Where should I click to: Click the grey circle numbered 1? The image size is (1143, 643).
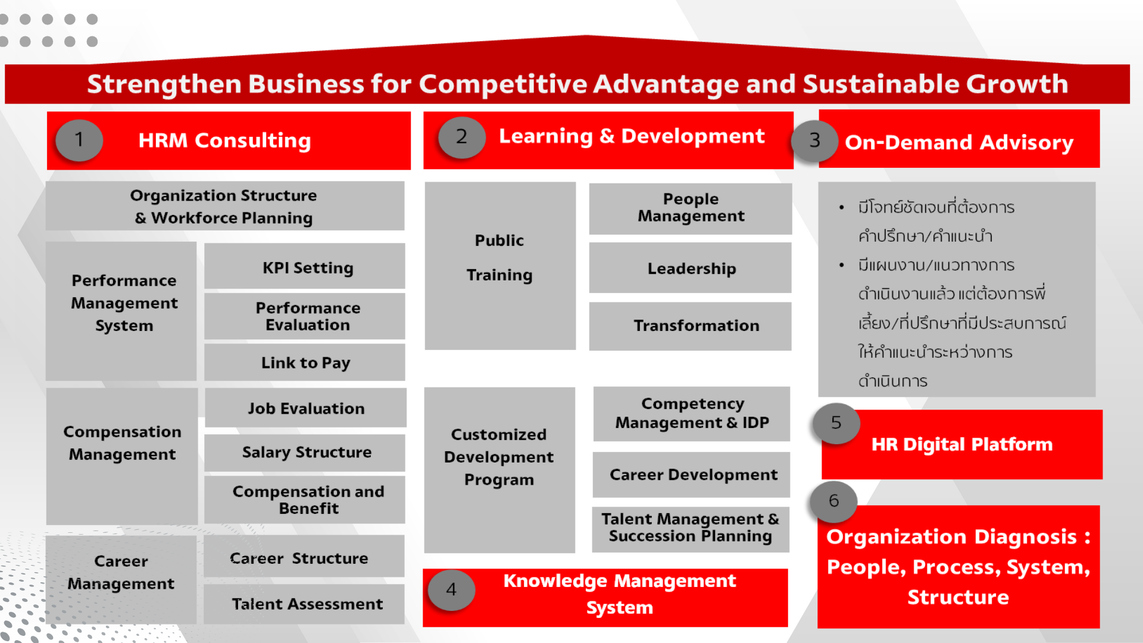(79, 140)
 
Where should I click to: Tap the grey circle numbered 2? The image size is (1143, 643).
(462, 137)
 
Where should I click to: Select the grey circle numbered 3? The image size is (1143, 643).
(815, 141)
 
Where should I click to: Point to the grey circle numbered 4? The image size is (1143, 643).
(452, 590)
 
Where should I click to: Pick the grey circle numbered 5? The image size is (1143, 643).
(836, 423)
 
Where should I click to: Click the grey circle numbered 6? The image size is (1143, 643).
(833, 501)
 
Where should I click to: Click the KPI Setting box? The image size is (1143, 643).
(305, 266)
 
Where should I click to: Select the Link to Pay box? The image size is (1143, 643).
(305, 362)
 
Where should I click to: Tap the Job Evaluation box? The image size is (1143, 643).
(306, 408)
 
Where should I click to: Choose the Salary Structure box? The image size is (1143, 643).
(305, 452)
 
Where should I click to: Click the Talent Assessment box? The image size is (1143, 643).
(304, 604)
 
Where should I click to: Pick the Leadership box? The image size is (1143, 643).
(691, 268)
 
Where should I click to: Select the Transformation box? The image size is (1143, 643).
(691, 326)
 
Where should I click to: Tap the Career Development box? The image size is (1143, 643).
(691, 475)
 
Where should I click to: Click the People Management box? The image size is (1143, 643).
(691, 208)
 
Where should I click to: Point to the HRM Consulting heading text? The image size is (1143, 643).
(224, 141)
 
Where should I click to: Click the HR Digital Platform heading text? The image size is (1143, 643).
(962, 444)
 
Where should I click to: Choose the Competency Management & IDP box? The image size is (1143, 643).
(692, 414)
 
